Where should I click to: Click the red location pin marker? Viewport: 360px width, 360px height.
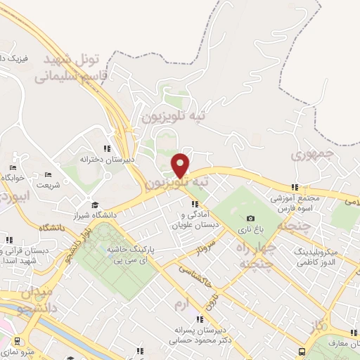pyautogui.click(x=181, y=165)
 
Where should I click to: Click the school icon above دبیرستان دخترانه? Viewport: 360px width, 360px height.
pyautogui.click(x=107, y=148)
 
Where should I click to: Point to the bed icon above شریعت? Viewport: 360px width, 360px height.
pyautogui.click(x=48, y=174)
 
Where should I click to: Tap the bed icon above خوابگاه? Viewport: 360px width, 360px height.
pyautogui.click(x=13, y=167)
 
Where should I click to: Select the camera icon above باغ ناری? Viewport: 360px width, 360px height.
pyautogui.click(x=251, y=219)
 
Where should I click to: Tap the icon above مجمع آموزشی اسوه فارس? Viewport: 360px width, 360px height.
pyautogui.click(x=295, y=187)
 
